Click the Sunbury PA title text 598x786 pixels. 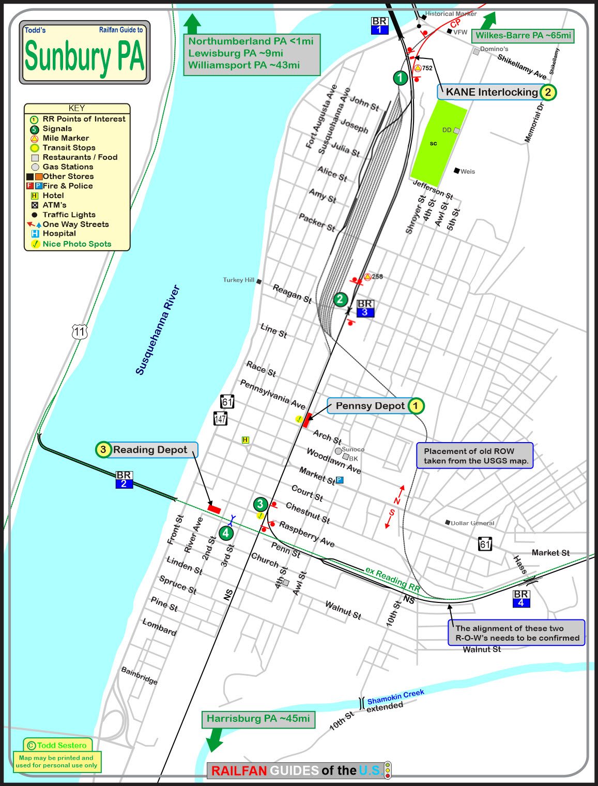[84, 57]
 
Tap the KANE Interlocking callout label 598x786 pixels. [492, 93]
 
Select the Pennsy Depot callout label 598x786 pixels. [370, 406]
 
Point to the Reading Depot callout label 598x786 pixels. [150, 450]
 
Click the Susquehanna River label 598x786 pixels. [157, 330]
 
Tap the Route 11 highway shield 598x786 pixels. [79, 331]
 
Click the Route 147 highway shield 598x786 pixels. [221, 418]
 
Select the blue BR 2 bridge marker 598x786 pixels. [124, 479]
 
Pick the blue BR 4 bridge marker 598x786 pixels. [521, 598]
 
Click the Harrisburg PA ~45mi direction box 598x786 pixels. [258, 719]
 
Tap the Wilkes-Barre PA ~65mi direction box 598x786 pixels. [523, 36]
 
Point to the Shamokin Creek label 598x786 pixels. [395, 697]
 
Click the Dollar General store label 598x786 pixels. [472, 523]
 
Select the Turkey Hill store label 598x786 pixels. [239, 280]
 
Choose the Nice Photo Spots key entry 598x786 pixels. [76, 244]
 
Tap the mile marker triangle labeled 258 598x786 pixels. [367, 277]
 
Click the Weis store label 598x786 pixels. [467, 172]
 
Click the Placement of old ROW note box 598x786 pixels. [475, 456]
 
